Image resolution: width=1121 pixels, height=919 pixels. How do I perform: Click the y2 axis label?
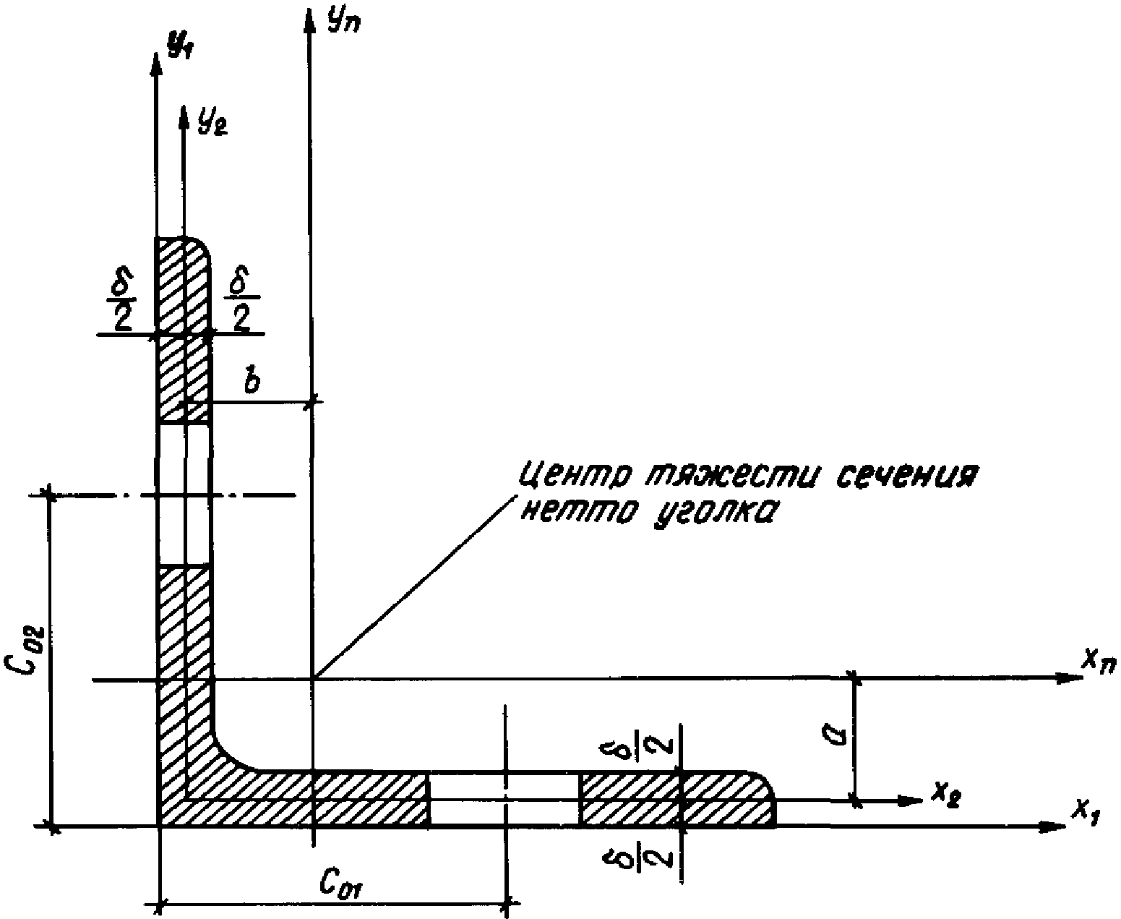pyautogui.click(x=212, y=122)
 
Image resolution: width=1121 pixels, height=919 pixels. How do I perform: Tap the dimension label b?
pyautogui.click(x=252, y=381)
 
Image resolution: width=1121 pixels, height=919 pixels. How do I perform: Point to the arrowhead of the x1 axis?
pyautogui.click(x=1055, y=826)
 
